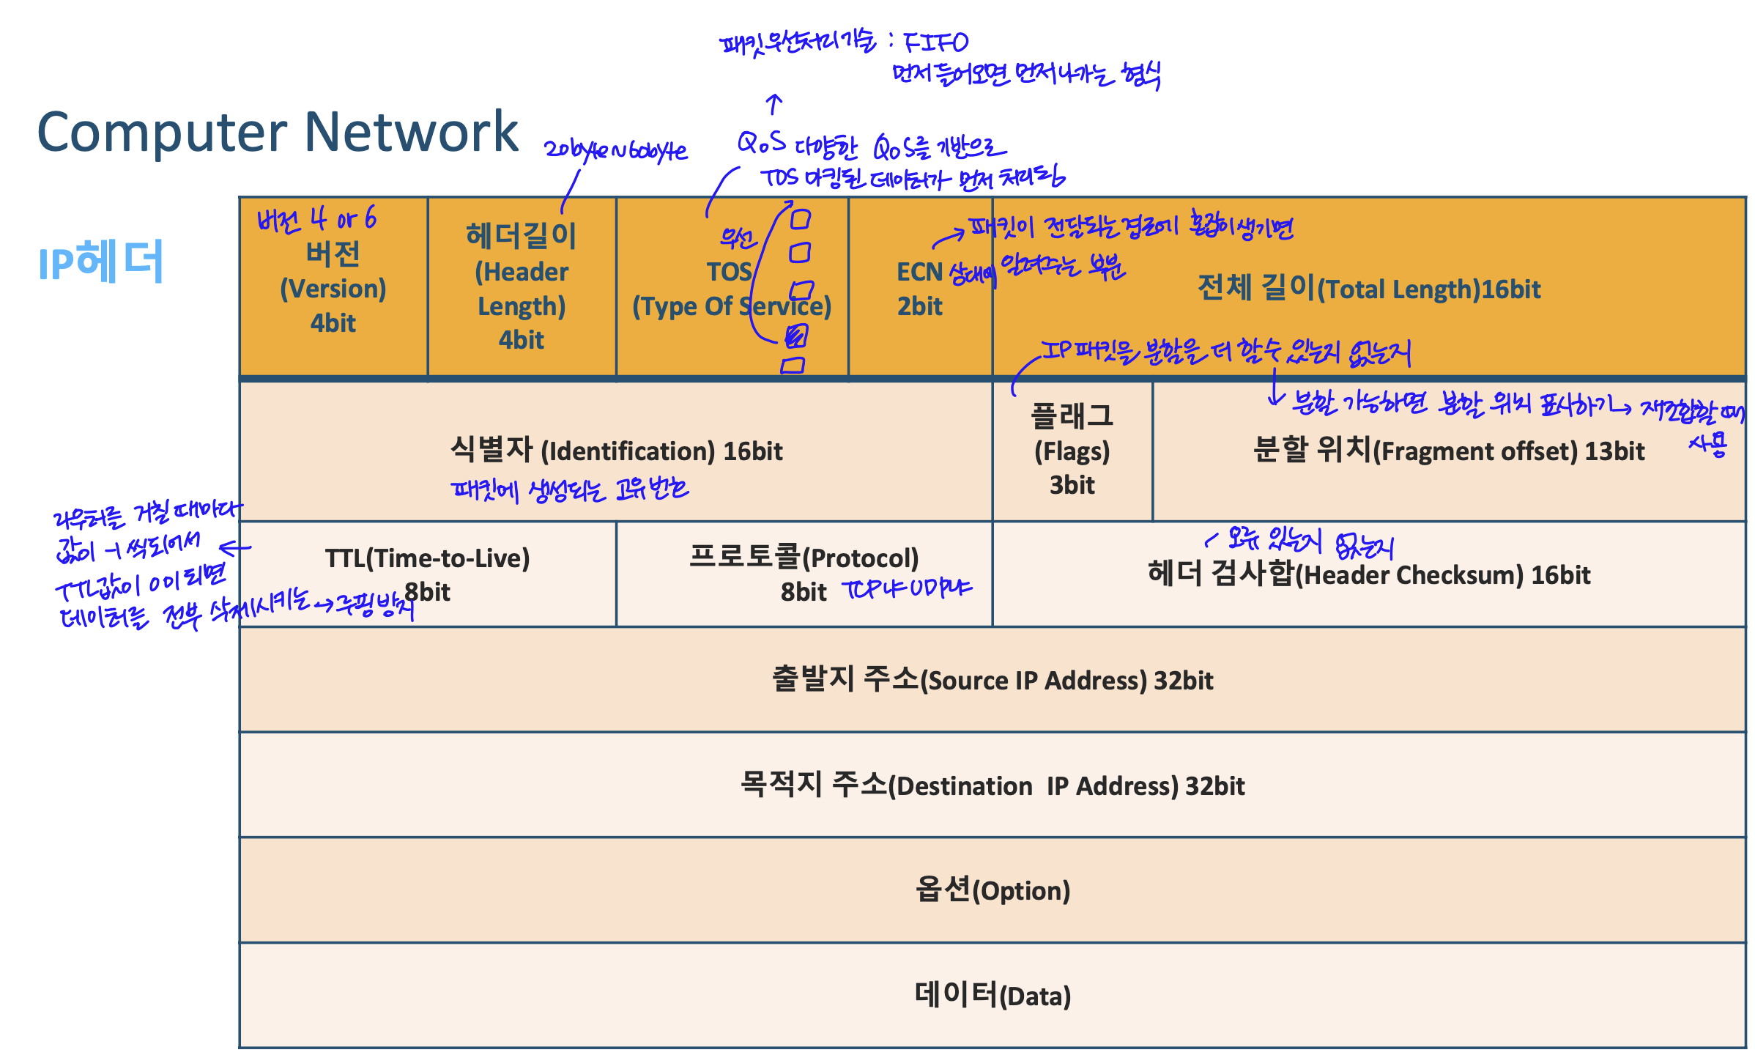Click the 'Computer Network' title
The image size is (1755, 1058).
click(278, 132)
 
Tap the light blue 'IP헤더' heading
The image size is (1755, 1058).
click(100, 262)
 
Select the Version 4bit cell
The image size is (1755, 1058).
click(333, 288)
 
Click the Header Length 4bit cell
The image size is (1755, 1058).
click(522, 288)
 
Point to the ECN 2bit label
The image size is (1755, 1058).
click(920, 289)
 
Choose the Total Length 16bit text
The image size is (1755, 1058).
click(1368, 289)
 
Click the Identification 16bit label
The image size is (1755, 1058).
click(616, 450)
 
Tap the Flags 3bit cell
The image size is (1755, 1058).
click(1072, 450)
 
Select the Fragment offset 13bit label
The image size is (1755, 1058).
click(1448, 450)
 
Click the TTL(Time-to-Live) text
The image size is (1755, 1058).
click(427, 558)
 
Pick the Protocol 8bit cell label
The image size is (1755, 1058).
click(804, 574)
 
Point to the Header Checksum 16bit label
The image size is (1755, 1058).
click(1368, 574)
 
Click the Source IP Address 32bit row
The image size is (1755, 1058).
click(992, 680)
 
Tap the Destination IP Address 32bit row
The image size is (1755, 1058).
click(992, 785)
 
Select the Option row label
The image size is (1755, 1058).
click(992, 890)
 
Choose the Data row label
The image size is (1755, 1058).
click(992, 996)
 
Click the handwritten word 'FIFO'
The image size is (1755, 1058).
click(935, 42)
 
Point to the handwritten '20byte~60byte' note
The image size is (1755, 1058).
click(615, 150)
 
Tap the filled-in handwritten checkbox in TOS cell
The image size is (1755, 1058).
click(796, 336)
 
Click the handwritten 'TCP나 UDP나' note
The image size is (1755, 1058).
click(907, 588)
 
